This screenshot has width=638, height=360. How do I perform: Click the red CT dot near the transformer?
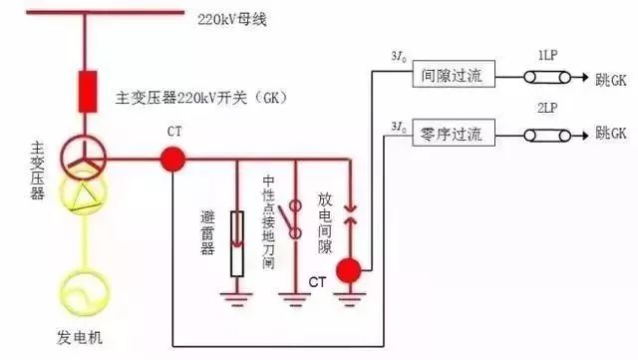click(x=172, y=158)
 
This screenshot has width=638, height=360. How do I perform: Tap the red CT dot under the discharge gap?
click(x=349, y=269)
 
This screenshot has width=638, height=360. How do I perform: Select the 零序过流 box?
click(x=447, y=133)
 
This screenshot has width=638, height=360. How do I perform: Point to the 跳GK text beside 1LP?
click(x=610, y=77)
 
